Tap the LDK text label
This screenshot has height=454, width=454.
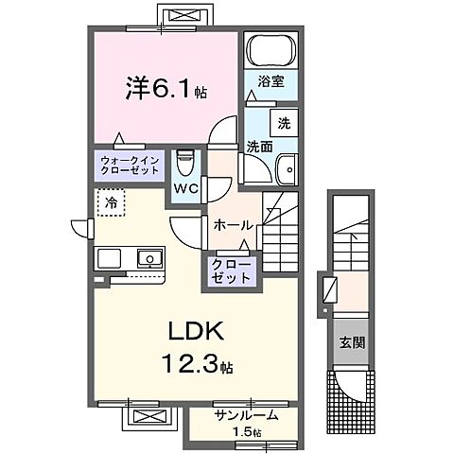196,333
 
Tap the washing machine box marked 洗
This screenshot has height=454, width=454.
282,122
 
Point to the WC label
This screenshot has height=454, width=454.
184,188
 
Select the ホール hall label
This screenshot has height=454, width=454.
233,225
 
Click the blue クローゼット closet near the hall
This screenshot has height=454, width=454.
233,271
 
